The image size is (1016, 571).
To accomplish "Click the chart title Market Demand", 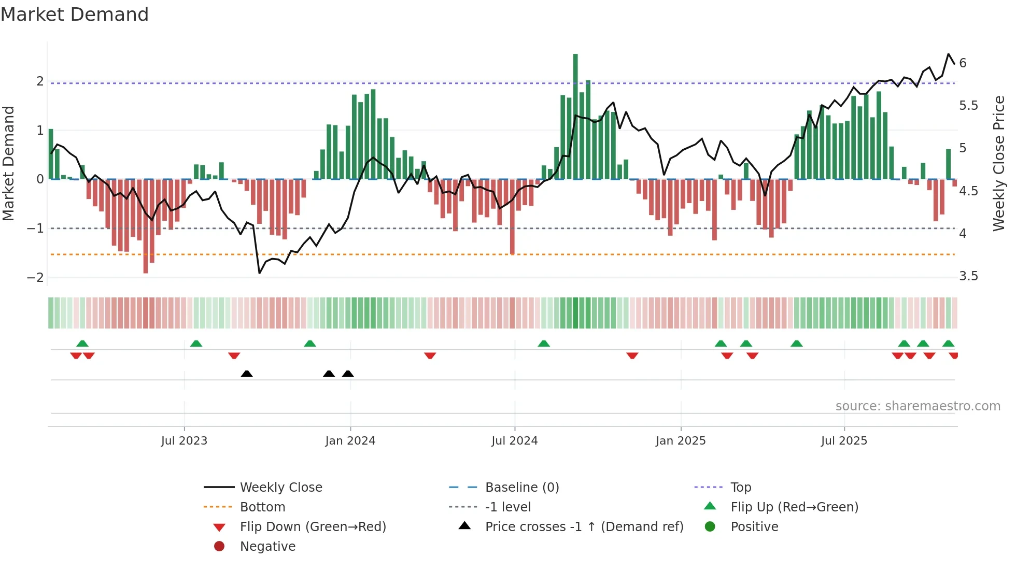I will coord(75,15).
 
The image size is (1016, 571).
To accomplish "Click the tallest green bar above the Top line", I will coord(575,67).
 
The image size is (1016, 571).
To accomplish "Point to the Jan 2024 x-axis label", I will coord(350,441).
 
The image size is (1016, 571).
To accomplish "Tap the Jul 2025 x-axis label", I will coord(844,441).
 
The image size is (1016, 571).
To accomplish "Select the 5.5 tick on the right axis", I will coord(968,106).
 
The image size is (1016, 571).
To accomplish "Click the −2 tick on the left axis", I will coord(36,277).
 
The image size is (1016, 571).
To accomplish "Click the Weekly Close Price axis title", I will coord(998,163).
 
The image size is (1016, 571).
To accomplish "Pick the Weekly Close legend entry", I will coord(280,488).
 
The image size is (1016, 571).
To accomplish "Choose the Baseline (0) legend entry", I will coord(521,488).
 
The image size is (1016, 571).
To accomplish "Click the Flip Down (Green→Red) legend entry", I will coord(313,527).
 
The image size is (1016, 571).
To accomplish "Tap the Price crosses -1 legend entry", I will coord(584,527).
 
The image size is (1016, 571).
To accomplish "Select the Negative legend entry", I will coord(267,547).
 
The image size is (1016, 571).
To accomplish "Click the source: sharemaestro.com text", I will coord(918,406).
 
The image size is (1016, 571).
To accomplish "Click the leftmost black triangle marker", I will coord(247,374).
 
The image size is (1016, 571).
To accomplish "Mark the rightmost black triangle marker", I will coord(348,374).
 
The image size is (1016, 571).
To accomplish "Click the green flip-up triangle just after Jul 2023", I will coord(196,344).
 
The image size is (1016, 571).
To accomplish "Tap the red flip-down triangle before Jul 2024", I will coord(430,355).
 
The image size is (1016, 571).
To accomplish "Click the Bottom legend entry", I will coord(262,507).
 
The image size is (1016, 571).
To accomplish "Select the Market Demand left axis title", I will coord(9,163).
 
